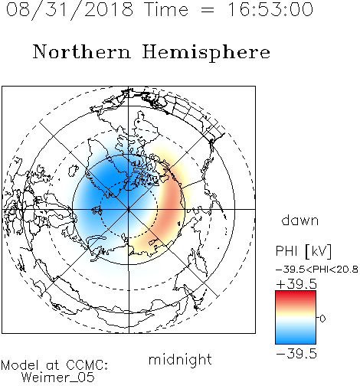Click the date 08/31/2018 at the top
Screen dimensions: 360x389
[70, 10]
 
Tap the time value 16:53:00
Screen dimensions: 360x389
[270, 9]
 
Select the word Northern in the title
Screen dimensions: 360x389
[82, 51]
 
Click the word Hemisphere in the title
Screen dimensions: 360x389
[206, 53]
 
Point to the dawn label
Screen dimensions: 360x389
[300, 220]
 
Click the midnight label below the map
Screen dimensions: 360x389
[180, 360]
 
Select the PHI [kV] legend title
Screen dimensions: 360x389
[303, 251]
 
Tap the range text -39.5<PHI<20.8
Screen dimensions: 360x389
[317, 270]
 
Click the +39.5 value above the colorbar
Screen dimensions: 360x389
[296, 284]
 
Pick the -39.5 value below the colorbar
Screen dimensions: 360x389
[296, 354]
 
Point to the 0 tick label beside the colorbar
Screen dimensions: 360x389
[322, 319]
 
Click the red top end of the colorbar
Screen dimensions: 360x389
[296, 293]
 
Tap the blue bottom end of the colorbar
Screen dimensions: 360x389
[296, 341]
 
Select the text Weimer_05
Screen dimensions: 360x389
[58, 377]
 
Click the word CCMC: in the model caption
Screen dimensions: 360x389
[87, 365]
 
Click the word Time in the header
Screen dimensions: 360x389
[166, 9]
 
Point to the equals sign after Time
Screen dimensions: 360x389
[208, 10]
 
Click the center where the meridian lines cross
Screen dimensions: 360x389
[129, 209]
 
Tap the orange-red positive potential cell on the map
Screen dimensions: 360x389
[169, 204]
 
